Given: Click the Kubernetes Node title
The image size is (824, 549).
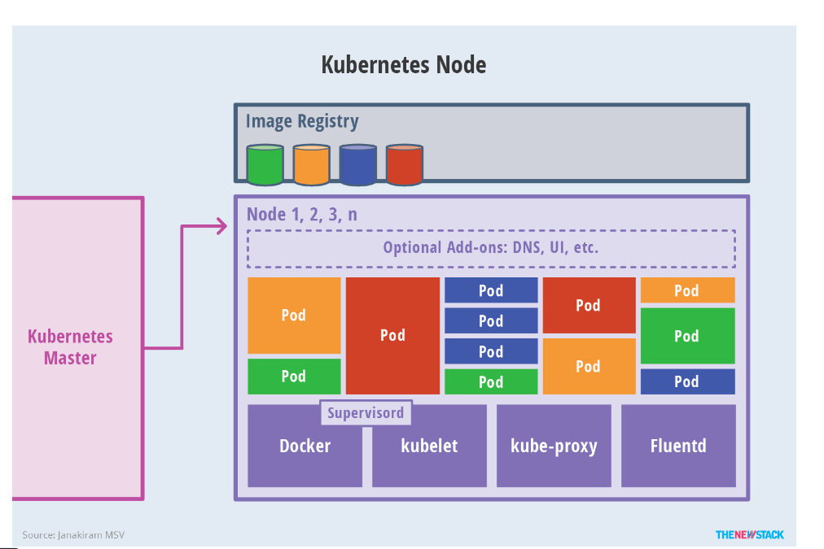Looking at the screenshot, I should (x=404, y=65).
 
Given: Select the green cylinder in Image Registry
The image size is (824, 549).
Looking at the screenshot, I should (x=265, y=165).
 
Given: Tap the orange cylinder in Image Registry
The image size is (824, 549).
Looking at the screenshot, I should (x=311, y=165).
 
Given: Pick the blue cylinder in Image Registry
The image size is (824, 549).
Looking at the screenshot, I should (x=357, y=165).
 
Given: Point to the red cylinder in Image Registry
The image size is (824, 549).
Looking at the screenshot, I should (x=404, y=165).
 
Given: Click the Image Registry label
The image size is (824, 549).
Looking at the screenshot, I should (x=302, y=122).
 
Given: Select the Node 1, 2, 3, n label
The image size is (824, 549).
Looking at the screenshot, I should (x=302, y=216).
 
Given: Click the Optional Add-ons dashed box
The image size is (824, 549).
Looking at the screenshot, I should (x=491, y=248).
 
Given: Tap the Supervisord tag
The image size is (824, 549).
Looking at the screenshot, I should (x=366, y=412).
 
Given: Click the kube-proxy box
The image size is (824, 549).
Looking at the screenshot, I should (x=554, y=447).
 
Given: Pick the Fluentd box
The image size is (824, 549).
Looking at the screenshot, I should (x=678, y=446).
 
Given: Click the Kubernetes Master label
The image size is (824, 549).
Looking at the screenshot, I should (x=71, y=347).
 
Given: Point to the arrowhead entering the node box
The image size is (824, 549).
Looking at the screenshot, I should (x=221, y=227).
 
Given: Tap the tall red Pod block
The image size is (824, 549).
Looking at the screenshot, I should (x=392, y=335).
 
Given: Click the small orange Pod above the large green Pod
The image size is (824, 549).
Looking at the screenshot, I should (x=687, y=290).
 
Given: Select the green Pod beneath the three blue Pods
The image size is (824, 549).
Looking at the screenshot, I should (x=491, y=381).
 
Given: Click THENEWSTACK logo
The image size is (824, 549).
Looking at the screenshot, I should (x=749, y=534).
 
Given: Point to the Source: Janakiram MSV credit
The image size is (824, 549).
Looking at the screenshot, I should (x=73, y=534).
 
